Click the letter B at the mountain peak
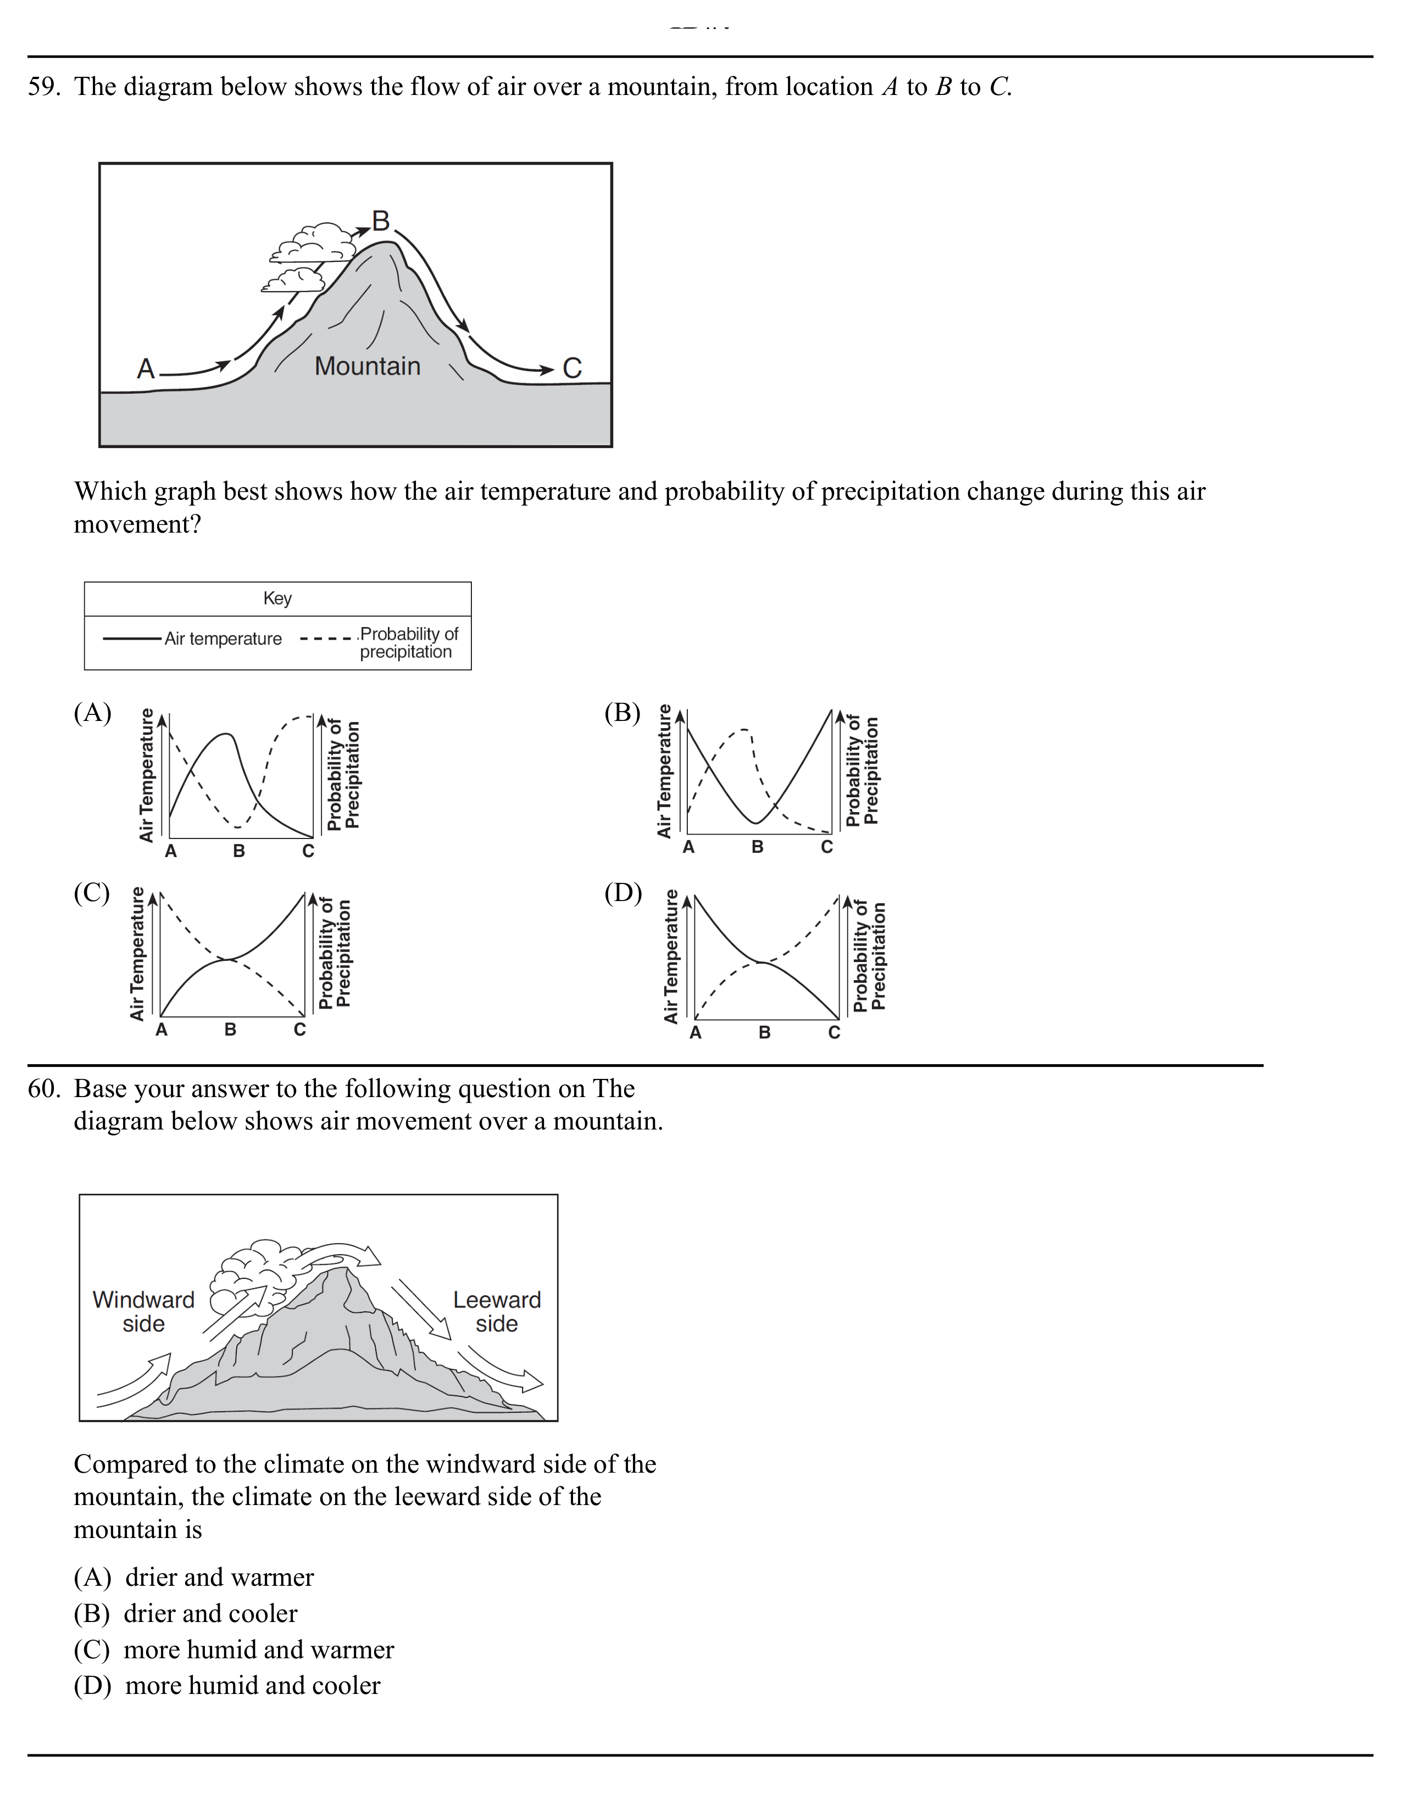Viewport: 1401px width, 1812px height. coord(381,221)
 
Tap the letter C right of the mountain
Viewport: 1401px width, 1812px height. coord(572,368)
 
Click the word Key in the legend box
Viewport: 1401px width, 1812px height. coord(277,598)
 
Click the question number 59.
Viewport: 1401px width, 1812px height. coord(43,87)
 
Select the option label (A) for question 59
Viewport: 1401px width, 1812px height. coord(92,713)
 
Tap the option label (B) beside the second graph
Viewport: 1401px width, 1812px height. coord(622,713)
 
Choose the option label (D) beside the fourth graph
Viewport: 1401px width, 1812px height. coord(622,893)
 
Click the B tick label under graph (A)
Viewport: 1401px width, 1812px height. coord(239,851)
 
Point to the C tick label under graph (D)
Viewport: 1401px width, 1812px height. coord(834,1033)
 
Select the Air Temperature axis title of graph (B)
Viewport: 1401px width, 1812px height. coord(664,771)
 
